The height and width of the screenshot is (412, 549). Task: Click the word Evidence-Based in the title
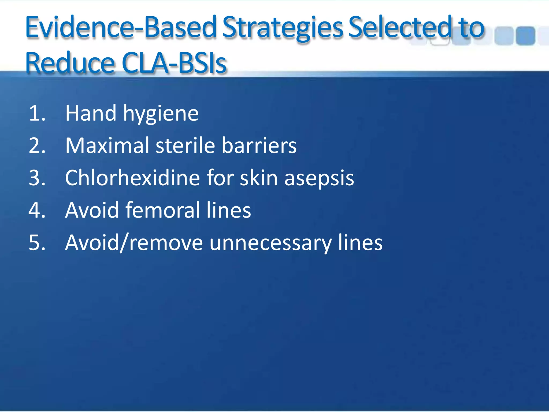point(121,28)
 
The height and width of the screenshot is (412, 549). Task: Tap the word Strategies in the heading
point(283,28)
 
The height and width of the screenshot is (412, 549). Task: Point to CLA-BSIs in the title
point(174,63)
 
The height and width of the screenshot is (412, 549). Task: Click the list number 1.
point(37,113)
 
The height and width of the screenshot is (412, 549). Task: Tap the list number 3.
point(37,178)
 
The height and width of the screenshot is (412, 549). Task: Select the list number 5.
point(37,243)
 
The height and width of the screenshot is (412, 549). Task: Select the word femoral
point(162,210)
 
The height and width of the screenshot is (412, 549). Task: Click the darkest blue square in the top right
point(525,36)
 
